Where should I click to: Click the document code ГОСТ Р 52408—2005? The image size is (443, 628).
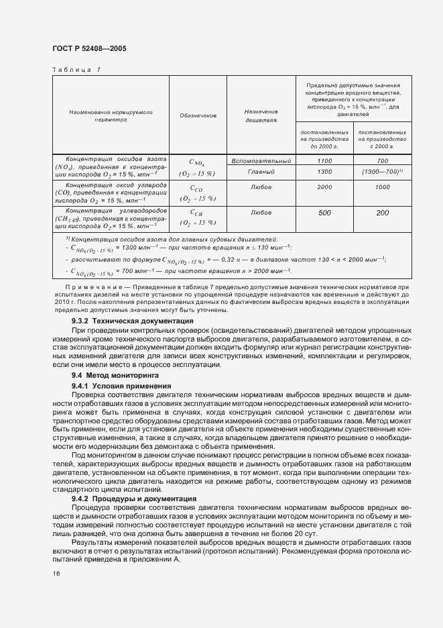88,49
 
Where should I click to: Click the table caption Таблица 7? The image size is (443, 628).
76,69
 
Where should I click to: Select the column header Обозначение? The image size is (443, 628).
198,115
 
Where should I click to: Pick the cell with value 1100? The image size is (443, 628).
324,161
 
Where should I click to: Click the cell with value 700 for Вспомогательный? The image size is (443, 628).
383,161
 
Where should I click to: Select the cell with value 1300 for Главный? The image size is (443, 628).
324,172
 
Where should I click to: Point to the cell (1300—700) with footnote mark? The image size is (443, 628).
383,172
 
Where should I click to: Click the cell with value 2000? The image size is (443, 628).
324,187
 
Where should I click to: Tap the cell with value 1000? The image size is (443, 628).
383,187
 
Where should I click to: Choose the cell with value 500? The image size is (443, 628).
324,213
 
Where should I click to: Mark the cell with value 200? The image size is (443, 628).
383,213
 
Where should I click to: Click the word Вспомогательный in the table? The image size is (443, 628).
261,161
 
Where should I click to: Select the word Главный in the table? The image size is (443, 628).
261,172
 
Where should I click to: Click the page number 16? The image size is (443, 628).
56,574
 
